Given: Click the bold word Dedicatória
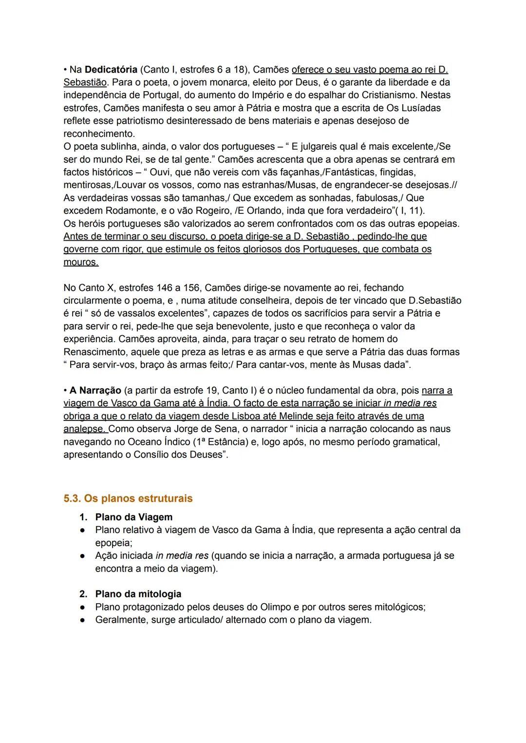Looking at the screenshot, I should point(111,69).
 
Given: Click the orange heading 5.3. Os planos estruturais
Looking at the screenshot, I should point(128,498).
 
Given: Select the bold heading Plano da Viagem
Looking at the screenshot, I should point(133,517).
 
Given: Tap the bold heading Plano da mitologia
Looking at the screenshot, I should point(138,594).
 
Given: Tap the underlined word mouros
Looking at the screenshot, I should point(80,262).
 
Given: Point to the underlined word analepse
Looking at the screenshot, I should point(84,429).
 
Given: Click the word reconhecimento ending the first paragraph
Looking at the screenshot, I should point(99,133).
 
